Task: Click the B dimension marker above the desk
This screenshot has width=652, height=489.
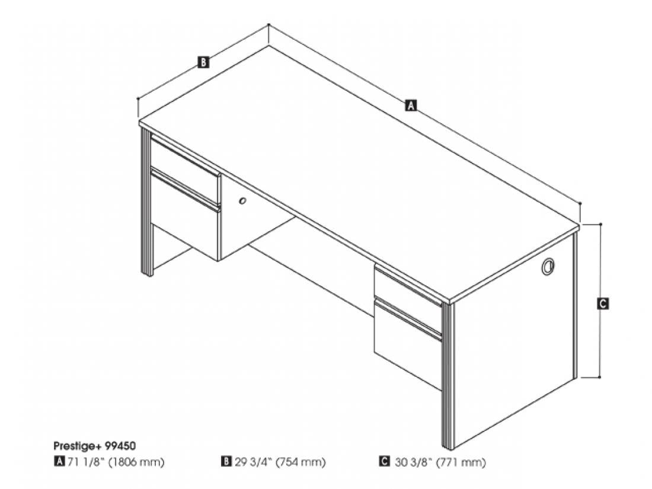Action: click(x=203, y=62)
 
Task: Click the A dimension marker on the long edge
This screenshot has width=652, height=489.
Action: click(x=410, y=105)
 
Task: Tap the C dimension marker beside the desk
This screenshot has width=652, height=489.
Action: click(x=603, y=303)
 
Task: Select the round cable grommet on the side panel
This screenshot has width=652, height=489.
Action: click(x=548, y=266)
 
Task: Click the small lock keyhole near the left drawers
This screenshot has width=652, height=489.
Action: click(x=242, y=202)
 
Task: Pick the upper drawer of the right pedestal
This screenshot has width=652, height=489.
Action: click(x=408, y=287)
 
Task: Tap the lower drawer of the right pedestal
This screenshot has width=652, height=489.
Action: click(x=408, y=343)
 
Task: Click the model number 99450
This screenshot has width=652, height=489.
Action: click(x=120, y=446)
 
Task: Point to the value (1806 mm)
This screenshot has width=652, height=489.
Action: click(x=136, y=462)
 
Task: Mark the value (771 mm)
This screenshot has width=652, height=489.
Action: click(x=461, y=462)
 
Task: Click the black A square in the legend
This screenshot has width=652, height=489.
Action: click(x=59, y=462)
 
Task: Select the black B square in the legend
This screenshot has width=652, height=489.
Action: click(x=226, y=462)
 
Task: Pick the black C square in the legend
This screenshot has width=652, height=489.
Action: click(x=384, y=462)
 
